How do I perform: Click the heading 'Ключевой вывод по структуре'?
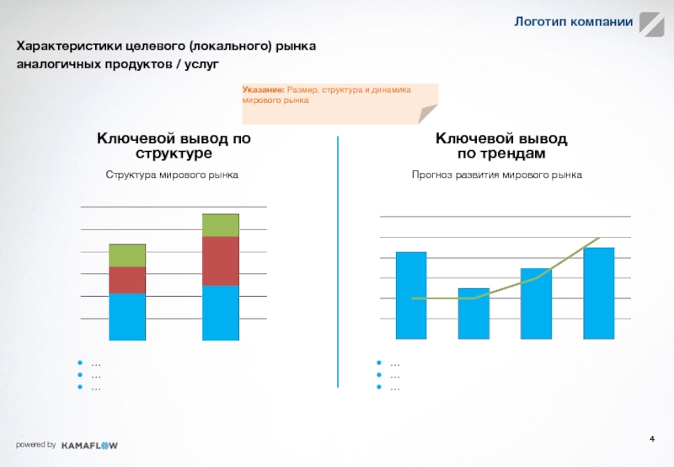(174, 146)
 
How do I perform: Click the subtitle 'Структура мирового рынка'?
(172, 174)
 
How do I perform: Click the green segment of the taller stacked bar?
(221, 225)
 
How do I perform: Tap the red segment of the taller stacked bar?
(221, 260)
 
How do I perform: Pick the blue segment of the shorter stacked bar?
(127, 317)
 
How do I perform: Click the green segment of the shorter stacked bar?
(127, 255)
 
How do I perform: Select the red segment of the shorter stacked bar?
(127, 280)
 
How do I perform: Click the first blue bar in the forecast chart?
(411, 295)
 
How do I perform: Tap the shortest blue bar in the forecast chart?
(473, 314)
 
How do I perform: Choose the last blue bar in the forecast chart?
(598, 293)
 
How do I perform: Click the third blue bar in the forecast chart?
(536, 303)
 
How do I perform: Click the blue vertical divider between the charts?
(338, 261)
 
